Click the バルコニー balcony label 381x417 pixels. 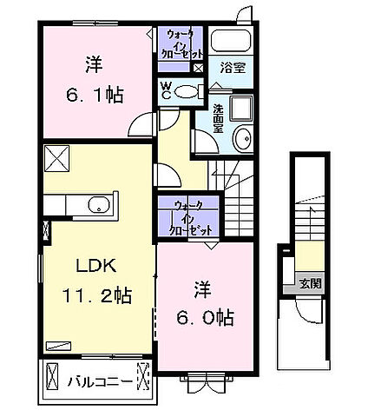point(97,381)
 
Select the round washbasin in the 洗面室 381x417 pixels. point(242,137)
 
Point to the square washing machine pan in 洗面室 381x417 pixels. point(240,109)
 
